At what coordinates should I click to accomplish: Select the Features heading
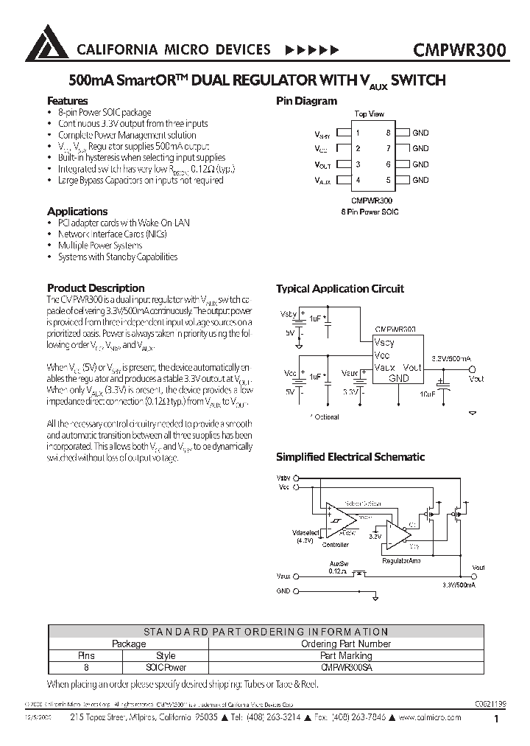coord(68,101)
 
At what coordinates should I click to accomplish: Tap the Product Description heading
coord(96,288)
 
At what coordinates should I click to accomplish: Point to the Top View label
coord(369,114)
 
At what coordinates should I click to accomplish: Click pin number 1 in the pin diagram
coord(358,133)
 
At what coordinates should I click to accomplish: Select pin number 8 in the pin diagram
coord(388,133)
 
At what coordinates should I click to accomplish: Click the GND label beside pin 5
coord(420,180)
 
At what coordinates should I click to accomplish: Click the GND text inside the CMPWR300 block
coord(399,377)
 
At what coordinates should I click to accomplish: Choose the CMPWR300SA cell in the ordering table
coord(347,666)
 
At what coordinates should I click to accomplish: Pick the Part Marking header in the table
coord(346,655)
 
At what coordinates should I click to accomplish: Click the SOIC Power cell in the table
coord(166,666)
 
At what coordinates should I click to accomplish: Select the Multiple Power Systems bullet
coord(100,245)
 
